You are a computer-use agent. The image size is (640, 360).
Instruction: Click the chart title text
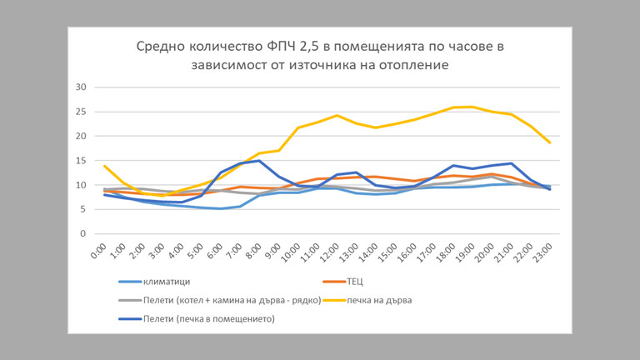click(x=320, y=54)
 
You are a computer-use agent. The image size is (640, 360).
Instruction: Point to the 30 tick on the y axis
click(x=81, y=87)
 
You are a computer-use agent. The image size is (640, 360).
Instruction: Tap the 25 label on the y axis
click(x=81, y=112)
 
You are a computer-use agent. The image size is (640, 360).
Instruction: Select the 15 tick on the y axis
click(x=81, y=161)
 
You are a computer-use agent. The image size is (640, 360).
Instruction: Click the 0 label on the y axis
click(x=83, y=234)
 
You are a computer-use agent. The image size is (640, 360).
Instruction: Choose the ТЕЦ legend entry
click(x=357, y=281)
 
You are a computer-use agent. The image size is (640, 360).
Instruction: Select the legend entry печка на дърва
click(x=382, y=299)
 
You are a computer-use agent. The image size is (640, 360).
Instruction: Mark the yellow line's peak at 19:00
click(x=472, y=107)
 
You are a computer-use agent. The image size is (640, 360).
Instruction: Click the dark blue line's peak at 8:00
click(x=259, y=161)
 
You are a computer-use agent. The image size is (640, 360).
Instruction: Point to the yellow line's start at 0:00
click(x=105, y=166)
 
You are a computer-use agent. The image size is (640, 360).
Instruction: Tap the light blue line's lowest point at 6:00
click(x=221, y=208)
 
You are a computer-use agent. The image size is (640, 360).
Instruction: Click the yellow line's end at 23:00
click(x=550, y=142)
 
